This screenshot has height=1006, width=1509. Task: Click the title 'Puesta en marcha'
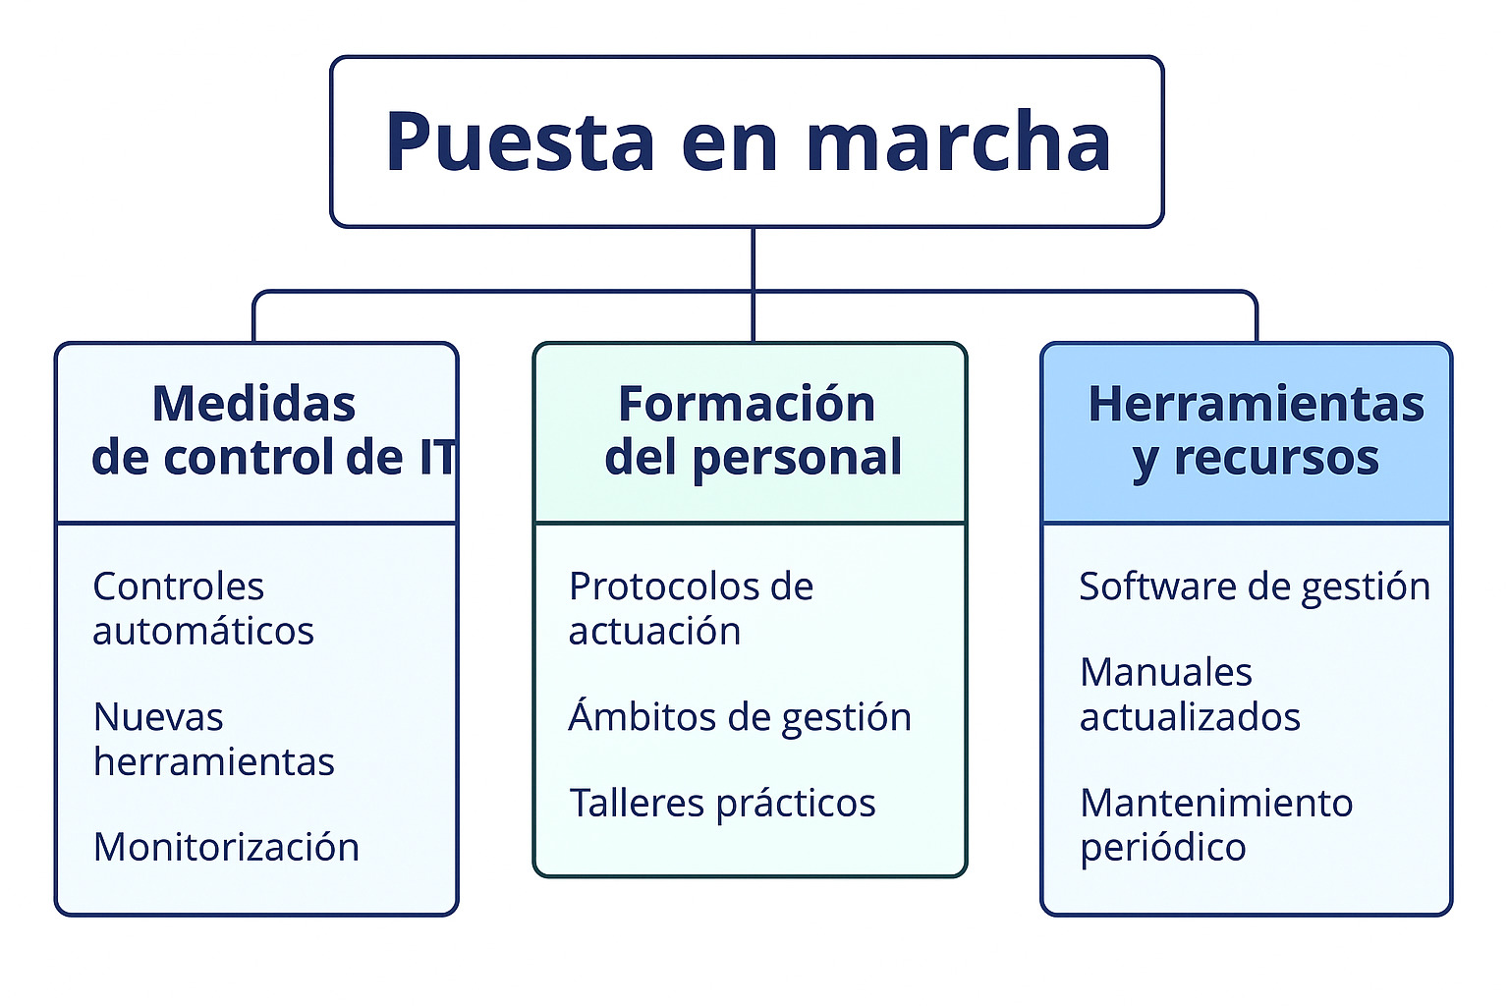(748, 142)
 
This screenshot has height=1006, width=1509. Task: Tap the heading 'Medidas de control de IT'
(273, 430)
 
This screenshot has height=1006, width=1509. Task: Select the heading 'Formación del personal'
(753, 431)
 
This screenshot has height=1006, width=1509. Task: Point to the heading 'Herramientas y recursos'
(1256, 431)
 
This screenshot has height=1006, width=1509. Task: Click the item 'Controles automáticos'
(202, 608)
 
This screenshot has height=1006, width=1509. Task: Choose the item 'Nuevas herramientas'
(213, 739)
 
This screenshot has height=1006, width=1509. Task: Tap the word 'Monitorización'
(226, 847)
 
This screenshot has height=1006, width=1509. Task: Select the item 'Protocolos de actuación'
(691, 608)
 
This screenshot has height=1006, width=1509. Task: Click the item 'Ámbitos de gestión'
(739, 715)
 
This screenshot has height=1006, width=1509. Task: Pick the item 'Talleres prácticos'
(722, 804)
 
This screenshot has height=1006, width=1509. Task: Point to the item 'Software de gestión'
(1255, 587)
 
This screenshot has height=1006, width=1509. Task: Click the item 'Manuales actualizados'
(1190, 695)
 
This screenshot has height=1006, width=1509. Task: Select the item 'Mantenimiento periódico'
(1216, 825)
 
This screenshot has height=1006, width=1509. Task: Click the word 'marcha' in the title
(958, 142)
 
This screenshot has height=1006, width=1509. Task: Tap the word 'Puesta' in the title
(520, 142)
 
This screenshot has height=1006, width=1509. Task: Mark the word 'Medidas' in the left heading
(254, 405)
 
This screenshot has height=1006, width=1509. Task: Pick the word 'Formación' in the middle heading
(747, 405)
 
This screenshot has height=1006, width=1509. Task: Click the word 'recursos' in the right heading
(1276, 458)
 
